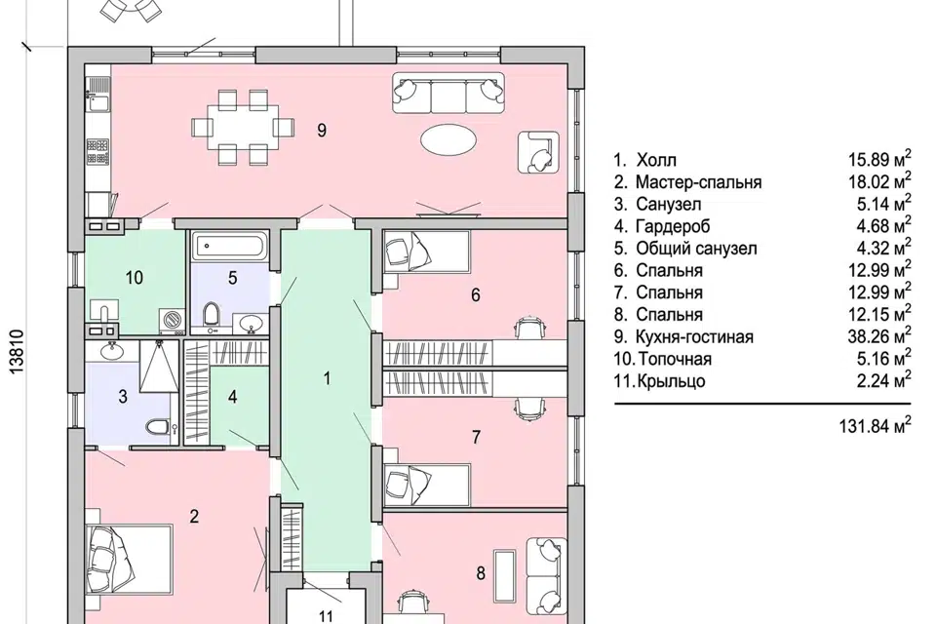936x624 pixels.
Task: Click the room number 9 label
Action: click(322, 131)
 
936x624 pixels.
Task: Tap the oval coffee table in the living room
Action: click(448, 141)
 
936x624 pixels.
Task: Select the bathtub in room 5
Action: click(230, 246)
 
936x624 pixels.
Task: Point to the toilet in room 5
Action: click(212, 315)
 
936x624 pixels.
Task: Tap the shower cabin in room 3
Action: click(159, 366)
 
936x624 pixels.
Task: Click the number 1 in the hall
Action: click(327, 378)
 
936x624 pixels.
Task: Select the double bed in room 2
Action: click(129, 560)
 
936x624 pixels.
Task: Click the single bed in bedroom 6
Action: click(426, 252)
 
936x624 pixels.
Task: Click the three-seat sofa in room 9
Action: click(448, 94)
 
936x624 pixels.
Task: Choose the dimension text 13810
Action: click(18, 352)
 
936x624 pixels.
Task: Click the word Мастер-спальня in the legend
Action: click(698, 182)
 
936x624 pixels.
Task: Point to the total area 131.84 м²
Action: click(875, 426)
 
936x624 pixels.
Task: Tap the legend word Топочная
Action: click(675, 359)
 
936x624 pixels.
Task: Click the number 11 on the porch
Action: click(326, 615)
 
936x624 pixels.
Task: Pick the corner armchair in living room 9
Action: click(538, 152)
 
